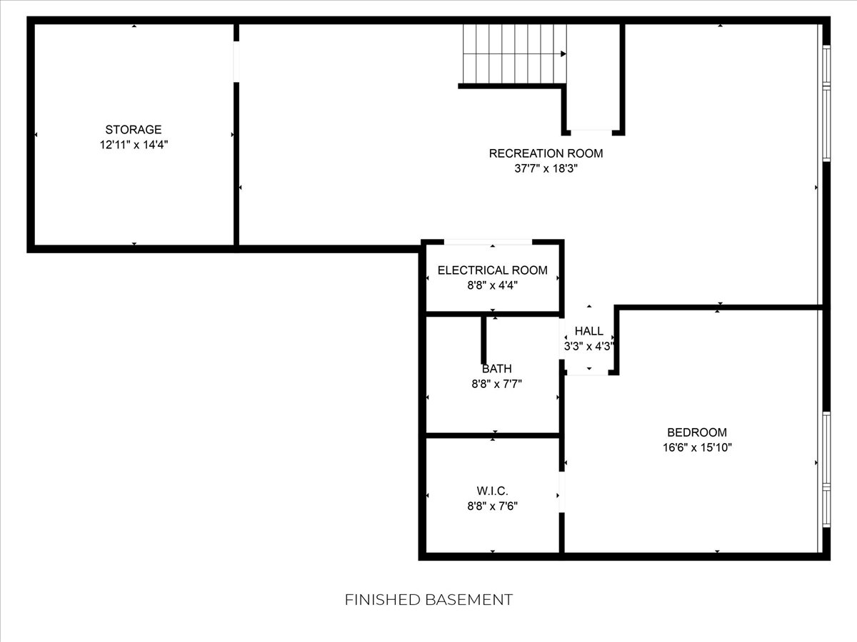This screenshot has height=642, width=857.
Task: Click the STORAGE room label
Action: tap(134, 129)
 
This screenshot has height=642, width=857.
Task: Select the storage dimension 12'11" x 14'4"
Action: tap(134, 145)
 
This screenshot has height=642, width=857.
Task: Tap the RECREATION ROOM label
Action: tap(546, 153)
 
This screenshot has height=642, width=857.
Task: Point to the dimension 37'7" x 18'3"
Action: tap(546, 169)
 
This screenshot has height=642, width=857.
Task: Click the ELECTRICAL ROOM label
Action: tap(492, 270)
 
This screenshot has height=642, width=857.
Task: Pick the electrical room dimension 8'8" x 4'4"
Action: tap(492, 286)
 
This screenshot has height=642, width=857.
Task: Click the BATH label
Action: tap(496, 369)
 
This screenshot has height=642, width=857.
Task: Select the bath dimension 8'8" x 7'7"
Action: tap(496, 384)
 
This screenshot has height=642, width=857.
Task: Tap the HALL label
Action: tap(589, 331)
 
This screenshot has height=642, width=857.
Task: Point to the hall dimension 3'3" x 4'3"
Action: tap(589, 346)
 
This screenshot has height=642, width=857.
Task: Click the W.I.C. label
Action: tap(492, 491)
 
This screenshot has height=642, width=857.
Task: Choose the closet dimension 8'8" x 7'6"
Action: tap(492, 506)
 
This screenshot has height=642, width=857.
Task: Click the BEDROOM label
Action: tap(697, 433)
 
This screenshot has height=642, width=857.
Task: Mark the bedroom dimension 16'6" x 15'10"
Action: tap(697, 447)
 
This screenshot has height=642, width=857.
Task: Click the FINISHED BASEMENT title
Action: tap(428, 600)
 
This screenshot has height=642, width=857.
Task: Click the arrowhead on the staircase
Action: tap(563, 53)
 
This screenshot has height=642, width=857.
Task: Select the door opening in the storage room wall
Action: tap(236, 61)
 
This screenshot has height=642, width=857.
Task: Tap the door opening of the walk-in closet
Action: tap(562, 492)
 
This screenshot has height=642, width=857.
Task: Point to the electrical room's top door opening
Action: tap(488, 242)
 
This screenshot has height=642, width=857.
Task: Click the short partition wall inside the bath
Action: tap(483, 340)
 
